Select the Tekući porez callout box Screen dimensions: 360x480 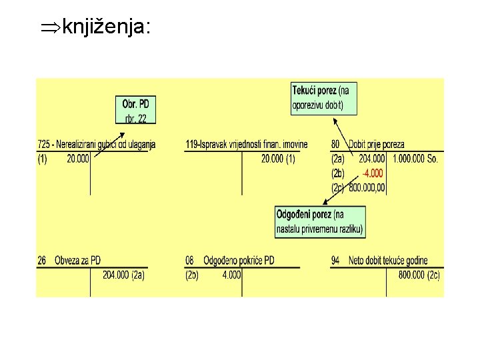[324, 98]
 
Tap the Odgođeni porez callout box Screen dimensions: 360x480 [320, 221]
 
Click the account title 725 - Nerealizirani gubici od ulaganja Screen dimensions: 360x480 [96, 144]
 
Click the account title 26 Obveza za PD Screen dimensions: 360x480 [69, 260]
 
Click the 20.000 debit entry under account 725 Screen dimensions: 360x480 [78, 159]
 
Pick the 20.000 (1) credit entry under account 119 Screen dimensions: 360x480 [278, 159]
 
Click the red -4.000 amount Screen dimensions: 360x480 [373, 173]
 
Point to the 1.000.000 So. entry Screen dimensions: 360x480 [415, 159]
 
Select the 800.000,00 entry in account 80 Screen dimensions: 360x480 [367, 188]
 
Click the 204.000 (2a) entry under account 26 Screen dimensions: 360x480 [123, 274]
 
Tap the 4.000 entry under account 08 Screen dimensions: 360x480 [231, 274]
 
